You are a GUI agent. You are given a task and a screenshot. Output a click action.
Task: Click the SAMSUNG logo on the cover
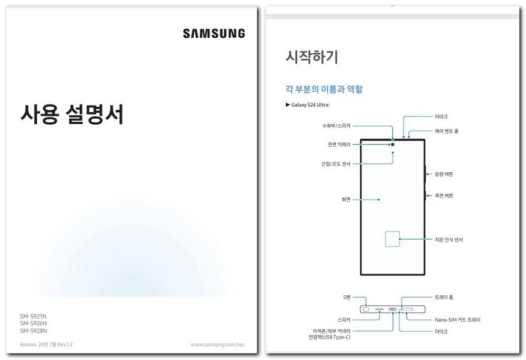(214, 34)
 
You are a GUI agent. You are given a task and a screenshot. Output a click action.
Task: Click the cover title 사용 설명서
(72, 114)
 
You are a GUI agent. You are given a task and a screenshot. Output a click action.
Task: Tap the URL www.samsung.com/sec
(217, 344)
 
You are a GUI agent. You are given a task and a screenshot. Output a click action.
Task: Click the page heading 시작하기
(312, 58)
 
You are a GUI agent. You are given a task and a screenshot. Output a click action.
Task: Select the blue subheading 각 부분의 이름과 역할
(324, 89)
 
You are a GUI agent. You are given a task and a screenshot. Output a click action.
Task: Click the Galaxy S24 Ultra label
(310, 105)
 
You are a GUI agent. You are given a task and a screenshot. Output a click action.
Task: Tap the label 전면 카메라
(339, 145)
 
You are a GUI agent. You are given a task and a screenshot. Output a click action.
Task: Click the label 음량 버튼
(444, 174)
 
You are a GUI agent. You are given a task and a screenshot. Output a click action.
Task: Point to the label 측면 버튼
(444, 196)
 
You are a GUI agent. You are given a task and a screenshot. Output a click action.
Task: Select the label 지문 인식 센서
(449, 239)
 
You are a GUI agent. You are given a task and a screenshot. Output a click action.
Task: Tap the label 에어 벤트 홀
(446, 131)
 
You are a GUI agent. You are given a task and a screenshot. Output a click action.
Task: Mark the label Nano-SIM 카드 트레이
(457, 320)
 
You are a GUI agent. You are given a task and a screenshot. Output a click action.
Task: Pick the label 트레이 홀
(444, 297)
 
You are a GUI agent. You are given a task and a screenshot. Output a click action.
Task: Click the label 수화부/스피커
(336, 126)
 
